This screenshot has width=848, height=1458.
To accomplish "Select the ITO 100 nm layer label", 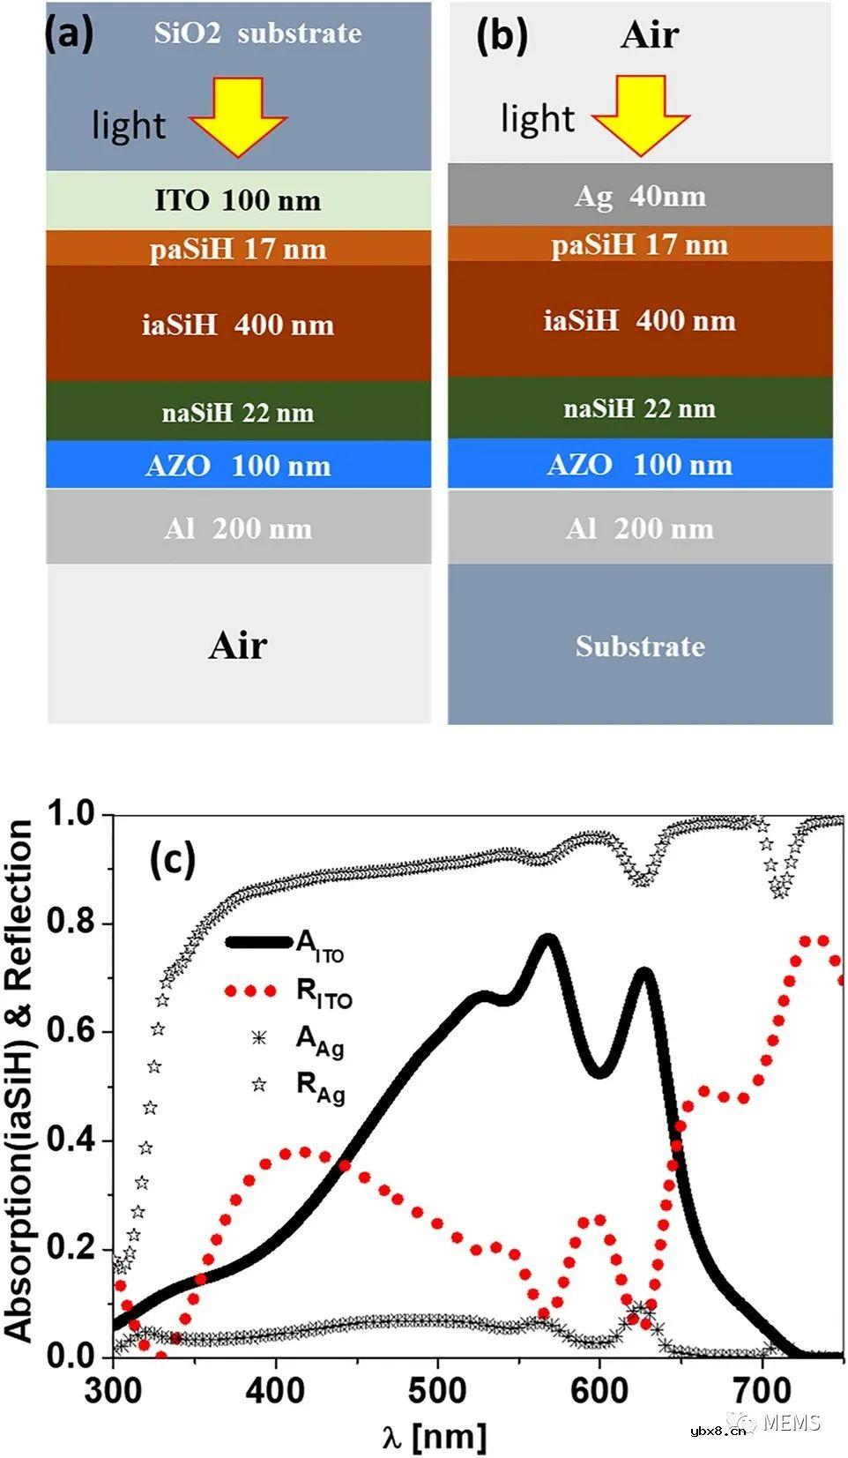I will (238, 200).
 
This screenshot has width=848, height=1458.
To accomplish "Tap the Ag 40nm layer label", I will (640, 195).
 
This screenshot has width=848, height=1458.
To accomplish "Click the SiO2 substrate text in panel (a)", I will (257, 34).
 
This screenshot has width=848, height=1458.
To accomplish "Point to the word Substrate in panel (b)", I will (640, 646).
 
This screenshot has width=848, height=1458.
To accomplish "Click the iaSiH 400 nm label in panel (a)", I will (238, 325).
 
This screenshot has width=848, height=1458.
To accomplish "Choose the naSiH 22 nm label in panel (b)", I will (640, 408).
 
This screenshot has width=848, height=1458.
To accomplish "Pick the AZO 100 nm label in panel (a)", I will (238, 465).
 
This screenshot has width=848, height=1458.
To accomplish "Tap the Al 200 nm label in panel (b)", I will (640, 528).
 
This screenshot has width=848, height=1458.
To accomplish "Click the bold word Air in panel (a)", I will (238, 646).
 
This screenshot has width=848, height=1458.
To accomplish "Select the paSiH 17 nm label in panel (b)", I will (640, 244).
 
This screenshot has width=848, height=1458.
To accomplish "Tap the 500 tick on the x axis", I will (437, 1391).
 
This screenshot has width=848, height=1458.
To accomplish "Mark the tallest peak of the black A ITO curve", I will (547, 940).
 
